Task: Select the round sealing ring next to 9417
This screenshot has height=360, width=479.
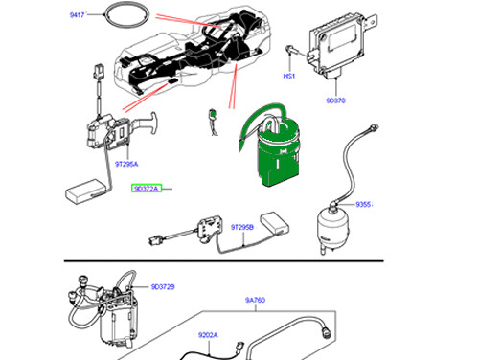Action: click(127, 16)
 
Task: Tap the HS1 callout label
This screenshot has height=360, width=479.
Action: click(286, 75)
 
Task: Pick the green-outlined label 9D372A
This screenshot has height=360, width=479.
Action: click(148, 189)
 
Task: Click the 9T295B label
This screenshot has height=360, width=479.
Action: click(241, 227)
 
